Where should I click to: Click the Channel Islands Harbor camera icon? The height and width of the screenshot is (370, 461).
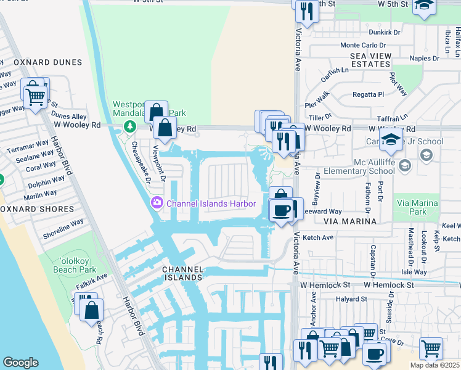pyautogui.click(x=157, y=203)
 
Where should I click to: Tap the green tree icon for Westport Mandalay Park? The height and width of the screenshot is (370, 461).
pyautogui.click(x=129, y=126)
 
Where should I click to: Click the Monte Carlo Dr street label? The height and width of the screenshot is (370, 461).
pyautogui.click(x=362, y=45)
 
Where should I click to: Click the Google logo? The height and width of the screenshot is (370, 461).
pyautogui.click(x=20, y=363)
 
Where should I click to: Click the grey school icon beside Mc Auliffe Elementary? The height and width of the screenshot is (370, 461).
pyautogui.click(x=405, y=165)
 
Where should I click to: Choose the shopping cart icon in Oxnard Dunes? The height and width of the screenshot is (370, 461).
pyautogui.click(x=35, y=94)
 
